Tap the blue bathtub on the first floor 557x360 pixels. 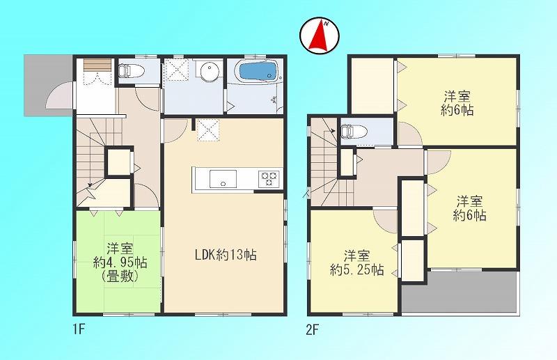258,72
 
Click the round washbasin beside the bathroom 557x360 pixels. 206,72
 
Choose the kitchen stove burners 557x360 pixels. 269,179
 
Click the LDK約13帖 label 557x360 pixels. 226,255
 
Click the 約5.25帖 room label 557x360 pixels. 356,269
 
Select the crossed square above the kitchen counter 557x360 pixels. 206,130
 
